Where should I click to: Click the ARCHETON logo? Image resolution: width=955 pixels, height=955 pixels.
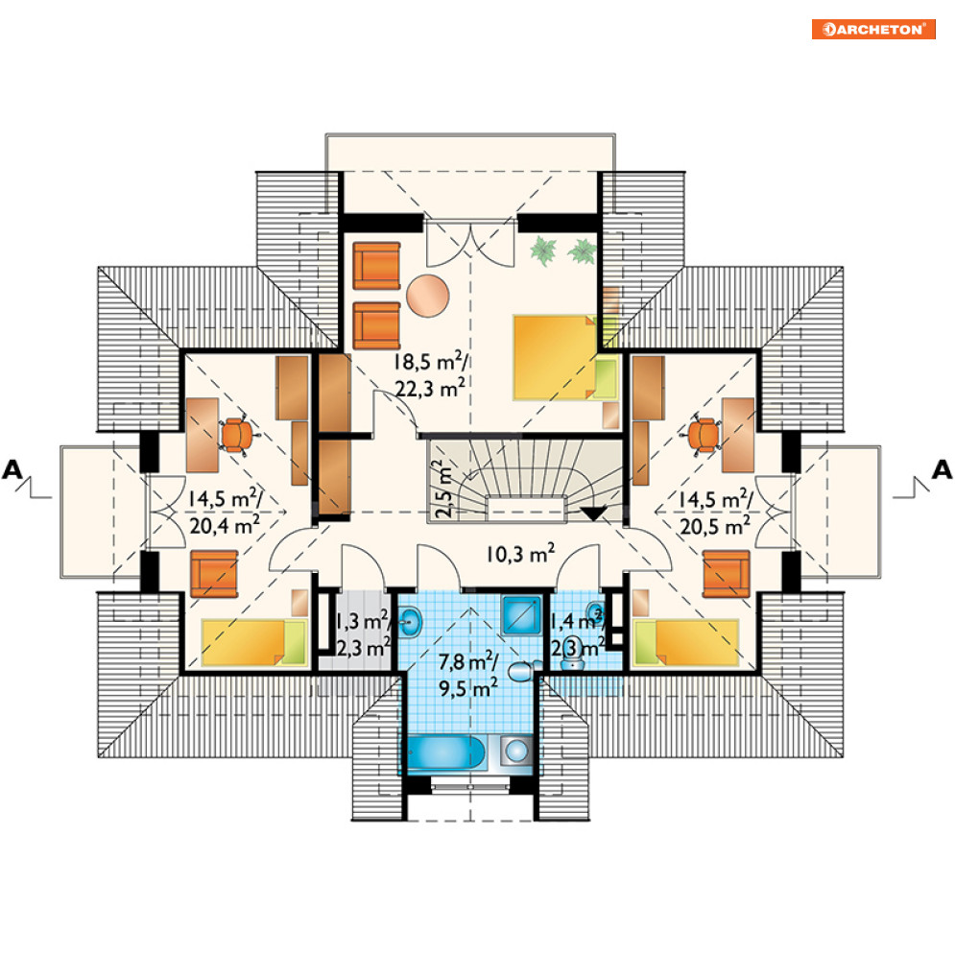point(873,29)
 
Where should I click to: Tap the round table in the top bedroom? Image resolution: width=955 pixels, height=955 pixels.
point(428,296)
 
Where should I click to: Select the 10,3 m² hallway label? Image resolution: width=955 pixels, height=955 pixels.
point(520,554)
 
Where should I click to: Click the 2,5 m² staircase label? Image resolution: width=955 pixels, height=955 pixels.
point(444,489)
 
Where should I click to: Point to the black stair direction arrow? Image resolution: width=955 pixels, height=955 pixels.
point(593,513)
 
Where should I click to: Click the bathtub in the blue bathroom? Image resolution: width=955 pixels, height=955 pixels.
point(446,752)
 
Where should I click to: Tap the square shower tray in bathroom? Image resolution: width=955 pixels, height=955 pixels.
point(521,615)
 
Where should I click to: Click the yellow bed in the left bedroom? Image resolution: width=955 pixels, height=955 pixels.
point(254,642)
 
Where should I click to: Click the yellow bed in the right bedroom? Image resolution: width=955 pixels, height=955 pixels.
point(686,642)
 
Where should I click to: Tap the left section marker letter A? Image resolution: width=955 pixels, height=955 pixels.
point(12,469)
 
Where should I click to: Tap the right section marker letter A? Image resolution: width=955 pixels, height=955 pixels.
point(942,469)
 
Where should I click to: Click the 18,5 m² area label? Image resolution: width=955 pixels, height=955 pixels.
point(431,362)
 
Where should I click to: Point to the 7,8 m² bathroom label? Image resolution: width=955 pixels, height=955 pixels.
point(468,661)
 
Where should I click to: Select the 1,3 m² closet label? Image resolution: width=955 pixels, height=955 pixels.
point(362,621)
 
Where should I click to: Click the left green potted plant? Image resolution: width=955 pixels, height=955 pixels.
point(542,251)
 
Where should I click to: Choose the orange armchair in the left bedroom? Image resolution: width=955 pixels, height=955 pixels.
point(214,574)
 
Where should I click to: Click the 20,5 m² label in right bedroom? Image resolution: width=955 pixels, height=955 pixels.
point(714,526)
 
